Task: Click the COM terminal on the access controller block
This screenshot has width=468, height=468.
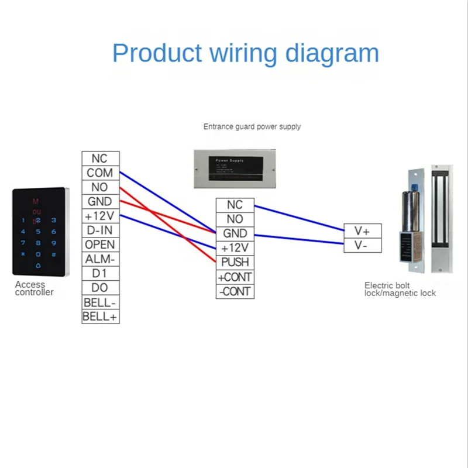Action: tap(100, 173)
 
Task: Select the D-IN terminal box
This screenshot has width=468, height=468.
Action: tap(100, 230)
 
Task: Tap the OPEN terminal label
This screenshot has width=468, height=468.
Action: tap(100, 245)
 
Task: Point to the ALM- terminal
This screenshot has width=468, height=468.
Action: tap(100, 259)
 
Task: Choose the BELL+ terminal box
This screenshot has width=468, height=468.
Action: tap(100, 316)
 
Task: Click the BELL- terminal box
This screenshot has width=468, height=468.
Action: tap(100, 302)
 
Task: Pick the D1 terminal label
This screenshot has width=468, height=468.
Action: tap(100, 273)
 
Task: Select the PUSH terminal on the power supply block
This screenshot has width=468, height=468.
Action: tap(235, 262)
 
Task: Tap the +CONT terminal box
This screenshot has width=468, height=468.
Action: tap(235, 277)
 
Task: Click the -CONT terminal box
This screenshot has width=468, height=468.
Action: tap(235, 291)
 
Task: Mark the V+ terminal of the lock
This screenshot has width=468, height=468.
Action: tap(362, 230)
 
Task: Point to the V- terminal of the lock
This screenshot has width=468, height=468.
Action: tap(362, 245)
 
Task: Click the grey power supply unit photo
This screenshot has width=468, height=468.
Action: tap(233, 168)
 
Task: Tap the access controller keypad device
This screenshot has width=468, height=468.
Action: tap(40, 231)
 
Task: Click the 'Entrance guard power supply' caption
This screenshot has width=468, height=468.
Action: tap(252, 126)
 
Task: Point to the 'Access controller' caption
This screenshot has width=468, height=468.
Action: tap(34, 288)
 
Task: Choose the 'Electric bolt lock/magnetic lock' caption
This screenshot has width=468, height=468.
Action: tap(400, 289)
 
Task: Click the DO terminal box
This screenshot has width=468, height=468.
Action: tap(100, 288)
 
